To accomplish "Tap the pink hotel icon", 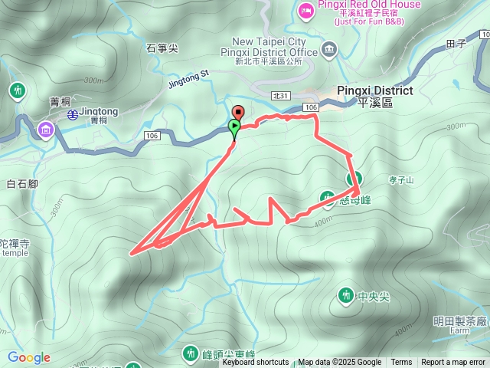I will point(305,10).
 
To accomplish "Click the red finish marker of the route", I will point(238,113).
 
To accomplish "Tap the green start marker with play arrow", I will point(234,126).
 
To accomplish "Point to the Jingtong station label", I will point(99,111).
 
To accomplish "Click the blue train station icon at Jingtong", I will point(71,115).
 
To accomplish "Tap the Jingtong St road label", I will point(188,75).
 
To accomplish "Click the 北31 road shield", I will point(281,95).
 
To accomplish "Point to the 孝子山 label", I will point(401,180).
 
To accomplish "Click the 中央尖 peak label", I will point(374,295).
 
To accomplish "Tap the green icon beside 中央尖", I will point(345,295).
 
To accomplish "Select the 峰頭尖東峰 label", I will point(228,354).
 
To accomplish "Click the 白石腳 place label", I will point(21,183).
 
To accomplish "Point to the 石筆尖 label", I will point(162,48).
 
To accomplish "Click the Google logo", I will point(28,357).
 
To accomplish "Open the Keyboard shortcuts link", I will point(255,363).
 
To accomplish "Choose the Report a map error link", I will point(454,363).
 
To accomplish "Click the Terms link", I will point(401,363).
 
